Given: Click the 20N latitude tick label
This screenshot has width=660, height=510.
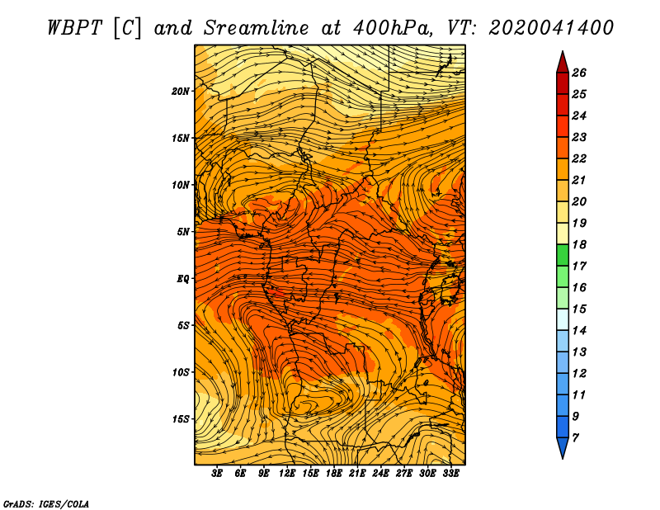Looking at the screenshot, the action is pyautogui.click(x=181, y=92).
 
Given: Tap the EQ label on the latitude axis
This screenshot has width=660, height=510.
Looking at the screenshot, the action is pyautogui.click(x=182, y=279).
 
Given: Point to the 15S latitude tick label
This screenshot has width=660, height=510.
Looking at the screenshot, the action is pyautogui.click(x=181, y=419).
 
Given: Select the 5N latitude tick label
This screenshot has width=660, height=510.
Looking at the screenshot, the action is pyautogui.click(x=183, y=232).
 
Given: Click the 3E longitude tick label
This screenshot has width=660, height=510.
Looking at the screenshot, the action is pyautogui.click(x=217, y=474).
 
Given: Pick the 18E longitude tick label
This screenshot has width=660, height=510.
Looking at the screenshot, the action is pyautogui.click(x=333, y=474).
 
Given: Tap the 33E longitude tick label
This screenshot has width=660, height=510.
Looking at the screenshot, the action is pyautogui.click(x=450, y=474).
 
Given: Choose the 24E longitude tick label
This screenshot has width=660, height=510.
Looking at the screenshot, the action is pyautogui.click(x=380, y=474).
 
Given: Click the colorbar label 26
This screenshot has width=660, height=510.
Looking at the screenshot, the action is pyautogui.click(x=579, y=73).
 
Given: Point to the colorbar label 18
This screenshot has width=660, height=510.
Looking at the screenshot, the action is pyautogui.click(x=579, y=244).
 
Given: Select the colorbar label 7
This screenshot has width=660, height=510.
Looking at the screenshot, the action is pyautogui.click(x=575, y=438).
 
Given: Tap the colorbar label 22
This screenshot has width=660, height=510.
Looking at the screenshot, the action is pyautogui.click(x=579, y=158).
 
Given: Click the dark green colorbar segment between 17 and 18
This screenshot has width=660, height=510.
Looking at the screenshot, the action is pyautogui.click(x=563, y=255).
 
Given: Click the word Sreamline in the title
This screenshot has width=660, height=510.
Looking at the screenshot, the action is pyautogui.click(x=257, y=28).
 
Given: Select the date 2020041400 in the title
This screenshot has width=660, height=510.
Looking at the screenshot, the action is pyautogui.click(x=550, y=28).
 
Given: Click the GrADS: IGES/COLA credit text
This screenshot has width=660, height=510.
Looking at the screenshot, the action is pyautogui.click(x=46, y=503).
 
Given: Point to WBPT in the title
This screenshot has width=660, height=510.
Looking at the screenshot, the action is pyautogui.click(x=74, y=28).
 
